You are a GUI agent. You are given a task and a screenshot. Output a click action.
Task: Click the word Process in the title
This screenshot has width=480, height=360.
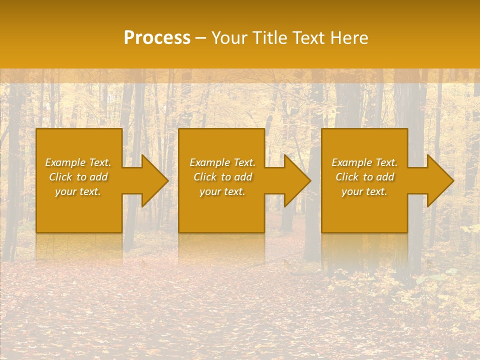click(x=157, y=38)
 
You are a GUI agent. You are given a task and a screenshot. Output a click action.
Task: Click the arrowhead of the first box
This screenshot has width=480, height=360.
click(x=154, y=180)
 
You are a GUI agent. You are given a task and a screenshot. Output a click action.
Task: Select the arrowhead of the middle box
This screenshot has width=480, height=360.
click(x=297, y=180)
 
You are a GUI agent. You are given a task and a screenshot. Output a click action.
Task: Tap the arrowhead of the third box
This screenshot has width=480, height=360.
click(x=440, y=180)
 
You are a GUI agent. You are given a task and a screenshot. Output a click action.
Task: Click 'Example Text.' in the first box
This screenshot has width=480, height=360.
click(x=78, y=162)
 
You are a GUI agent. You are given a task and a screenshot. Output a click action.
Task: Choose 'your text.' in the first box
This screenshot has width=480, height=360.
click(x=78, y=191)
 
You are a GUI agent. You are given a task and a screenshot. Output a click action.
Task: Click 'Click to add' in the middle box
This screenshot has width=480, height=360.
click(x=222, y=177)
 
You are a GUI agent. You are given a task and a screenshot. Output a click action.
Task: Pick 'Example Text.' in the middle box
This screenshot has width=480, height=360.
click(x=222, y=162)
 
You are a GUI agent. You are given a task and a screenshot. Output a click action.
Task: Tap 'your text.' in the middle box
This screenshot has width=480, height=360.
click(x=222, y=191)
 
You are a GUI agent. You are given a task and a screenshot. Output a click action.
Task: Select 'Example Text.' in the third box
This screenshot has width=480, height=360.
click(x=364, y=162)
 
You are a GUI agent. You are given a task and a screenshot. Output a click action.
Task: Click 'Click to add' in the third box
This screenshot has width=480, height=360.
click(x=364, y=177)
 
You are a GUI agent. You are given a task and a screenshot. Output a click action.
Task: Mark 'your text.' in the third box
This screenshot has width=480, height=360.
click(x=364, y=191)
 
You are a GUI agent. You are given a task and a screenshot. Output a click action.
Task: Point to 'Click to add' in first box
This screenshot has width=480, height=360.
click(x=78, y=177)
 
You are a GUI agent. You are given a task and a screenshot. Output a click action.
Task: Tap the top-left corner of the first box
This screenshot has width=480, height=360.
click(x=37, y=129)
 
